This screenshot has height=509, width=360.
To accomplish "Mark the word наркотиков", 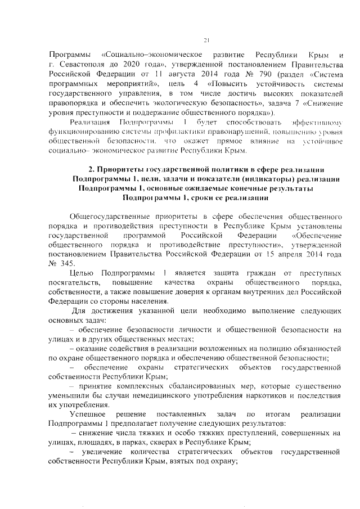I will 258,395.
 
